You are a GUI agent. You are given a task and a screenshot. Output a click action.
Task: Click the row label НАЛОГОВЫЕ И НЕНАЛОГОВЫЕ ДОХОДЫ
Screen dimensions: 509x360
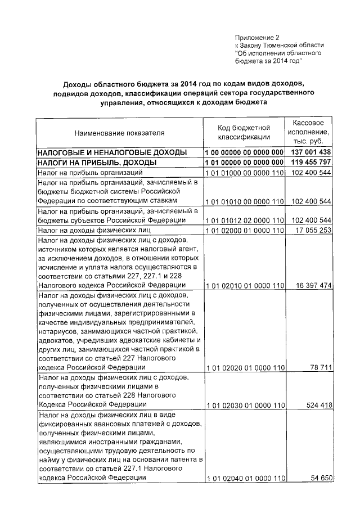click(108, 153)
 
